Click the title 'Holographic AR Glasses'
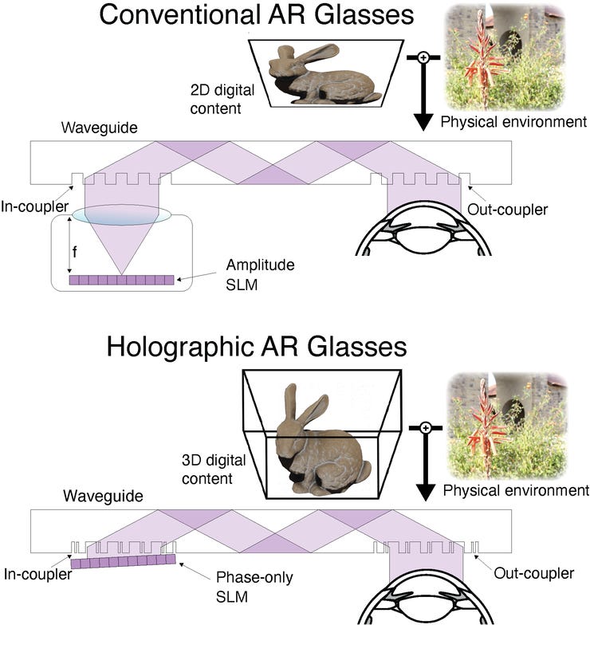257,348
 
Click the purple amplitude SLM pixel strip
120,280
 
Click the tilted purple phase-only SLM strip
123,561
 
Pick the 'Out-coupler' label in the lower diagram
533,573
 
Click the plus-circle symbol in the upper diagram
423,57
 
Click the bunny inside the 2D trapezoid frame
324,77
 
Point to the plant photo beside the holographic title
507,426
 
